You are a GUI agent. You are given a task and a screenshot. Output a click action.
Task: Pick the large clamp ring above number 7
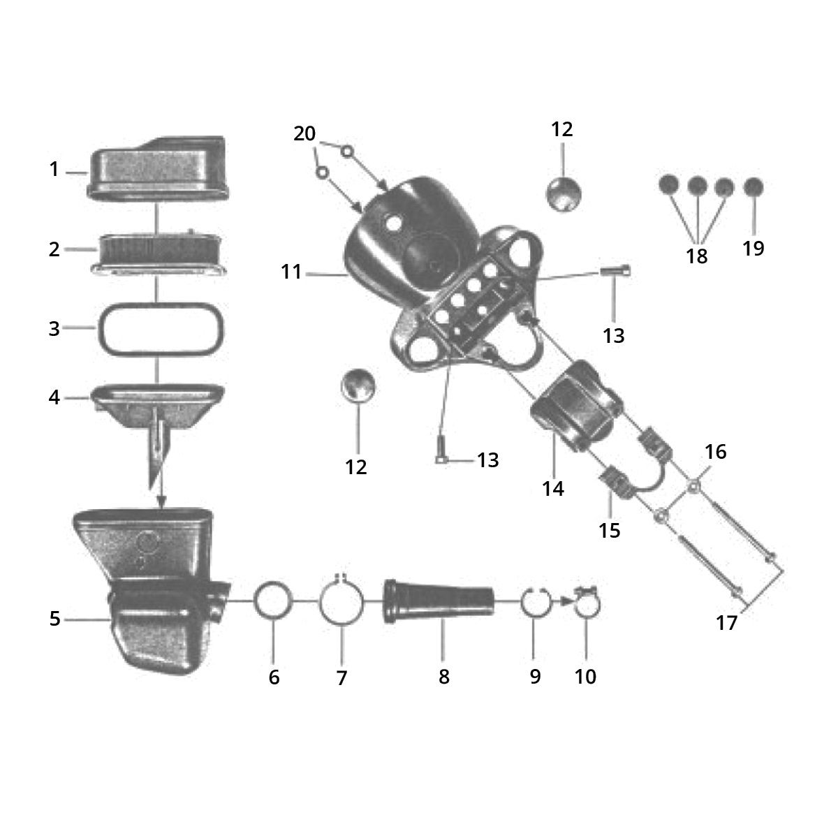pos(341,601)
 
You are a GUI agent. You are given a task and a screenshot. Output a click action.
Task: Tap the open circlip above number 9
pos(535,601)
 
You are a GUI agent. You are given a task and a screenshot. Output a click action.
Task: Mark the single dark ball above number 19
pos(753,186)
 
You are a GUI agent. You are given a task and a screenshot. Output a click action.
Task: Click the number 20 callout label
pos(304,133)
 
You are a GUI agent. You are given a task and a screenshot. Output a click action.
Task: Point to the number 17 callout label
pos(727,622)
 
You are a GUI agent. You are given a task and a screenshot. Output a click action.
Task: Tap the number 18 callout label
pos(697,256)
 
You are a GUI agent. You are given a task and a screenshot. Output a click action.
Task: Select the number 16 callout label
pos(715,452)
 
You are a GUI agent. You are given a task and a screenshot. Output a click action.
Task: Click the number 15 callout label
pos(610,530)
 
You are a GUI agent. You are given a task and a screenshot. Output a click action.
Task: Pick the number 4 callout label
pos(54,397)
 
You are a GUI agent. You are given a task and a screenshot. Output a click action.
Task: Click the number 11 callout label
pos(291,271)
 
